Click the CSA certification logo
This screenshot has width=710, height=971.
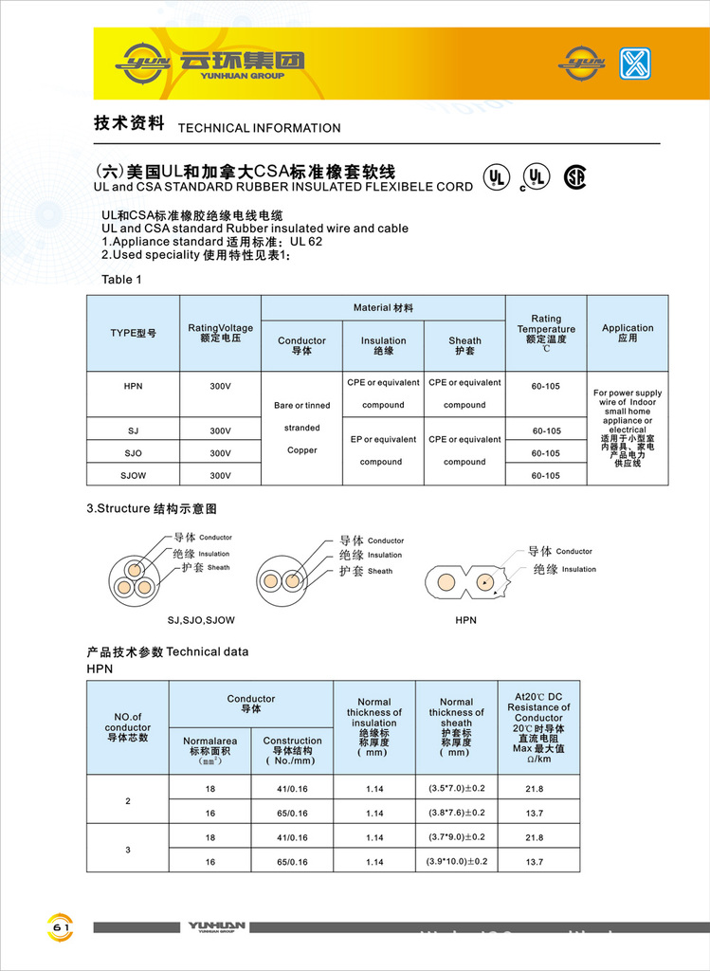[x=574, y=177]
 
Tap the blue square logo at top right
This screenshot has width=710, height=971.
[x=635, y=64]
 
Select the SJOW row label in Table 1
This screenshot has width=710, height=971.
[x=133, y=475]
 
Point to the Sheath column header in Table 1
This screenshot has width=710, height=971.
[x=464, y=346]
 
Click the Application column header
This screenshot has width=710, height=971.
[x=628, y=333]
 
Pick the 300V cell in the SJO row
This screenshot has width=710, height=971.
[x=220, y=453]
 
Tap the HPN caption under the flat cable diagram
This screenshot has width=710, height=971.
[x=465, y=620]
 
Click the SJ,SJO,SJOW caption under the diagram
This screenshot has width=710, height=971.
[x=201, y=620]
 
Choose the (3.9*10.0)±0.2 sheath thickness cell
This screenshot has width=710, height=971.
[x=456, y=861]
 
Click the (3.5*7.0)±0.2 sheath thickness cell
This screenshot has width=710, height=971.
[x=456, y=788]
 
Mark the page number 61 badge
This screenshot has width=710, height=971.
[x=61, y=926]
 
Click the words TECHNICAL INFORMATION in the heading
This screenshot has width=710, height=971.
[x=259, y=128]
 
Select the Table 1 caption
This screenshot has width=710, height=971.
[x=122, y=280]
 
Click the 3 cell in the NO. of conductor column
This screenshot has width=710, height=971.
[x=128, y=849]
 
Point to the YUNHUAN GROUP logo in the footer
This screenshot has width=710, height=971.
[x=217, y=927]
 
